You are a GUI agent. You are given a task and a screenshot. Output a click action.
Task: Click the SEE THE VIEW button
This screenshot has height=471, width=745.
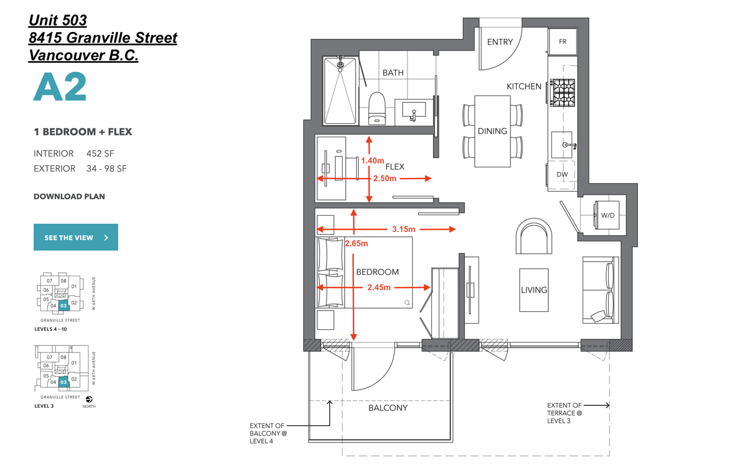tap(76, 237)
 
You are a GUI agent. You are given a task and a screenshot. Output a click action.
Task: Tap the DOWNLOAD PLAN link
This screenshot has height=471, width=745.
tap(69, 197)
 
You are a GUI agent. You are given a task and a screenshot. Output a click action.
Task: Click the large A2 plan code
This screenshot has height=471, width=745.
tap(60, 88)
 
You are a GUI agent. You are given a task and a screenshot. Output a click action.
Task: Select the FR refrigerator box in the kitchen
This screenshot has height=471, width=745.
tap(562, 42)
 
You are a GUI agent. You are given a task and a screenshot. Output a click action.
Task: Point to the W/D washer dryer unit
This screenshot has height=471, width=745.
tap(608, 215)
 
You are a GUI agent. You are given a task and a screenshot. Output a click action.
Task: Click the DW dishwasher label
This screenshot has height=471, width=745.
tap(562, 174)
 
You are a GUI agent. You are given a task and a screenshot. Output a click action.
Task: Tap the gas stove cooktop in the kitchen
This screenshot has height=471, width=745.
tap(563, 91)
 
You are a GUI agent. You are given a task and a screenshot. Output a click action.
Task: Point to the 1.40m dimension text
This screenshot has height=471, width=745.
tap(373, 160)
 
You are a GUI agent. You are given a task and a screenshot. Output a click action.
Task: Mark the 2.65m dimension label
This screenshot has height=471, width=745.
tap(356, 243)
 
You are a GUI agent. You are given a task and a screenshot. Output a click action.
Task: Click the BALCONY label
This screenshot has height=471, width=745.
tap(388, 408)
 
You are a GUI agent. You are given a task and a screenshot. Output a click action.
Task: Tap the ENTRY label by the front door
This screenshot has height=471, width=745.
tap(500, 42)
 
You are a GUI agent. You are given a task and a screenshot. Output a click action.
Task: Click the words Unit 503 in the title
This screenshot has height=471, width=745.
tap(58, 21)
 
